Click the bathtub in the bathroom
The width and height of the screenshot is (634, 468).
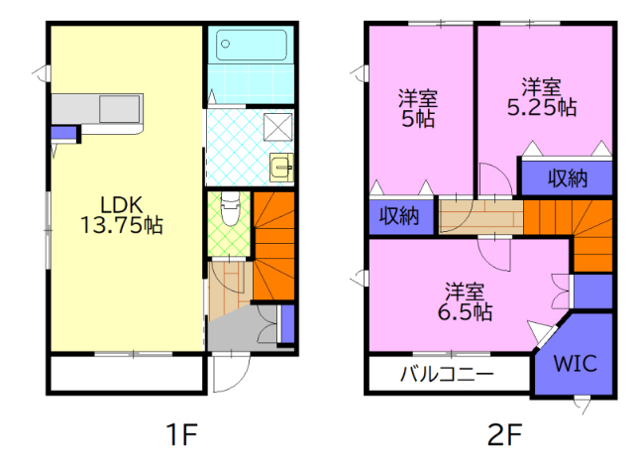tap(252, 45)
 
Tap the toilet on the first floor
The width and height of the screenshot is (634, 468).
tap(231, 208)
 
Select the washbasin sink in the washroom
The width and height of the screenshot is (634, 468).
tap(281, 167)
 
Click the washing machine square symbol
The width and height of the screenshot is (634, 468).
tap(277, 127)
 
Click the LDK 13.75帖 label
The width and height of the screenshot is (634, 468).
tap(122, 215)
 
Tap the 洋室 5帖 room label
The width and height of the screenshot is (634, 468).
tap(418, 108)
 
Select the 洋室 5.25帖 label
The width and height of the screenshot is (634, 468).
tap(542, 97)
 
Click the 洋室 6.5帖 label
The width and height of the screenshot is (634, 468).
tap(465, 301)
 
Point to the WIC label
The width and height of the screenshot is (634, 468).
tap(575, 363)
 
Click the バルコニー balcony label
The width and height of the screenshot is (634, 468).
tap(447, 373)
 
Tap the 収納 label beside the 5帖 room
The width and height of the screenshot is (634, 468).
tap(399, 216)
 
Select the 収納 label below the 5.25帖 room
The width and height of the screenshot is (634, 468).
tap(568, 177)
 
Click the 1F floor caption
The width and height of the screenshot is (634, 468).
tap(182, 434)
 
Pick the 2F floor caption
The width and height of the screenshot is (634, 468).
tap(504, 434)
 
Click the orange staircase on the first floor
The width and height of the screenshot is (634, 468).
tap(273, 246)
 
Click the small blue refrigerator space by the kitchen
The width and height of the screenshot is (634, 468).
tap(63, 133)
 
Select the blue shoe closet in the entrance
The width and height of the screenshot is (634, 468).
tap(287, 324)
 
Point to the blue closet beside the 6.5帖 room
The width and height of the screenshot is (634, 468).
tap(593, 292)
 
